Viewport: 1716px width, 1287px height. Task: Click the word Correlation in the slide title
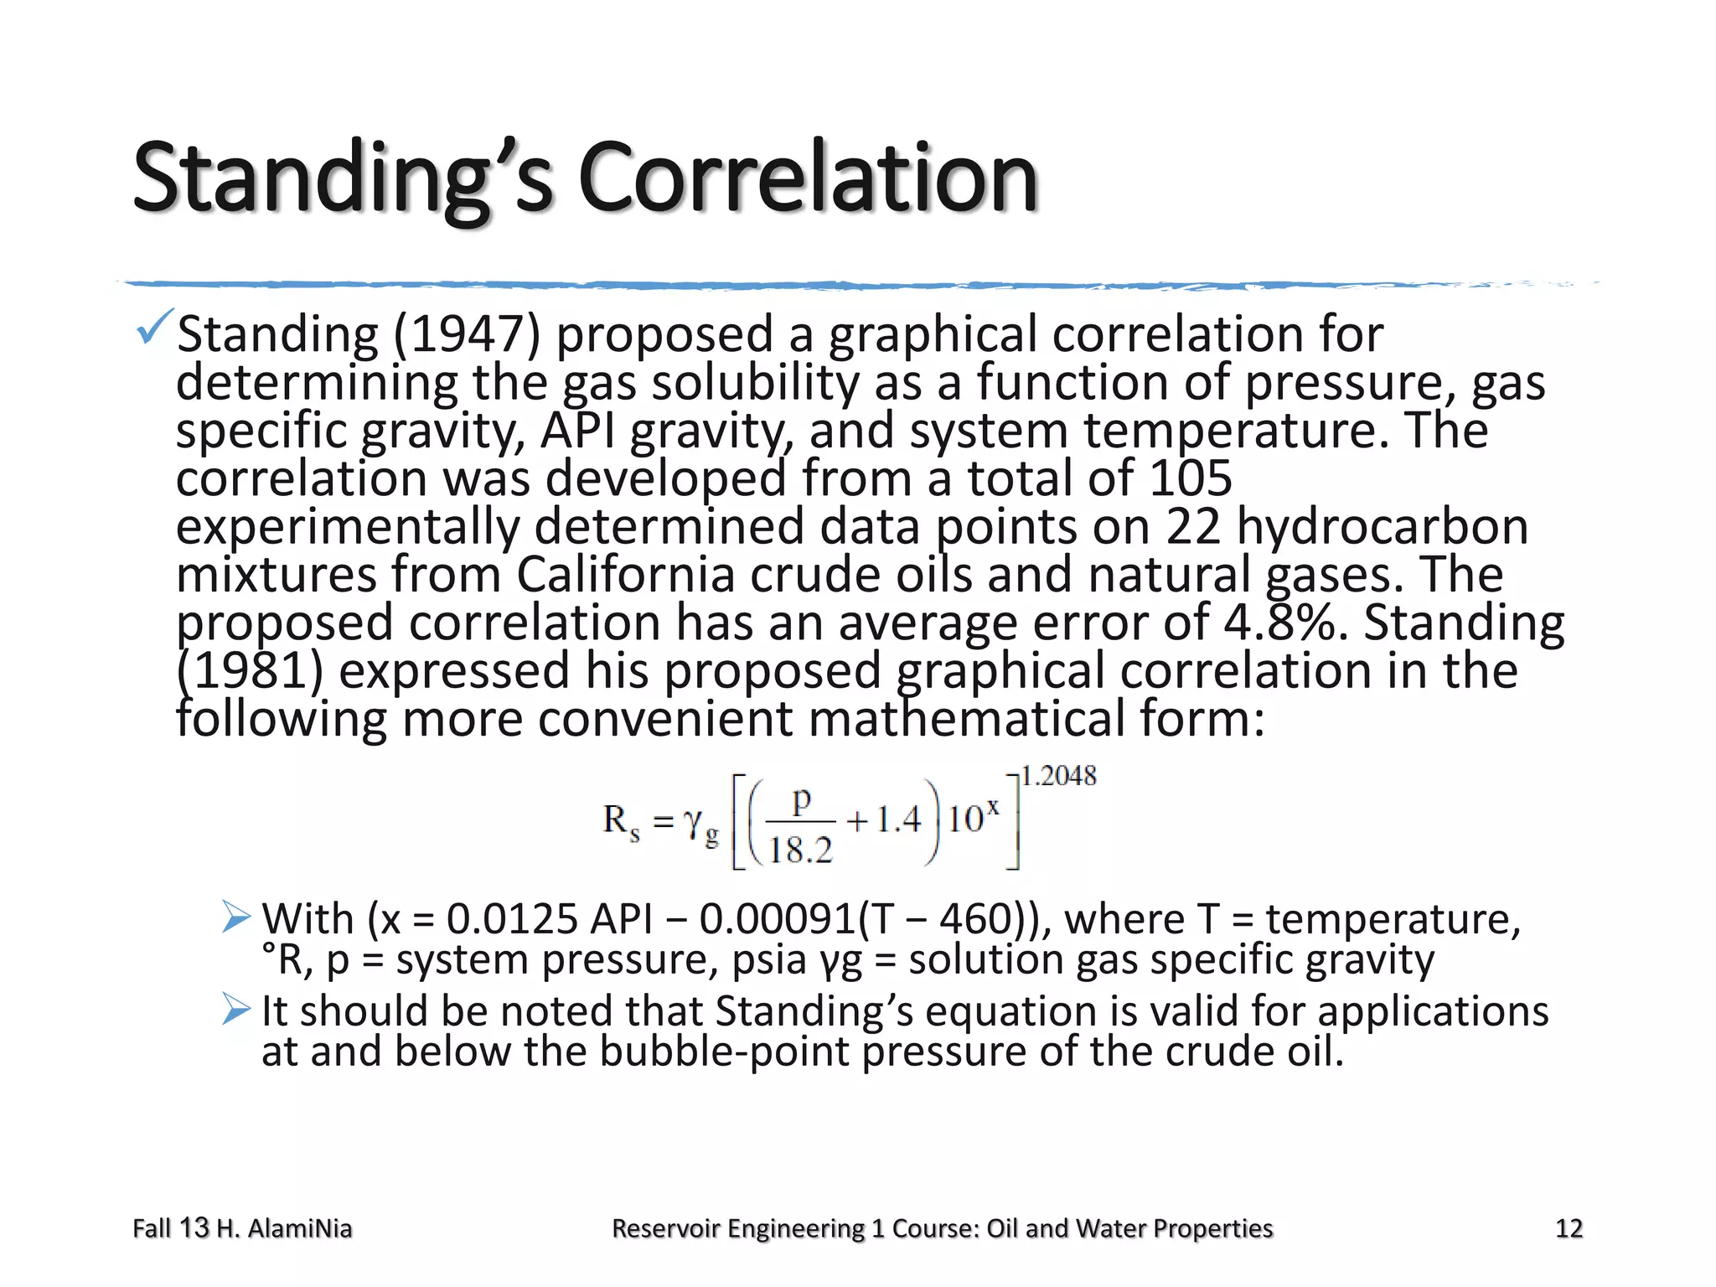(808, 178)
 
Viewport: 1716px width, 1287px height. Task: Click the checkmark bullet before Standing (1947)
(155, 326)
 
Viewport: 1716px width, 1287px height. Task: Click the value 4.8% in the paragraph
(1284, 623)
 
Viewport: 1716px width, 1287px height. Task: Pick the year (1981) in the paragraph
(250, 672)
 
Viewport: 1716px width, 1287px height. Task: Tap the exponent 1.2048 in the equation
(1058, 776)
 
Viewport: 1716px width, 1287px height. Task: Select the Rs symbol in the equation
(621, 821)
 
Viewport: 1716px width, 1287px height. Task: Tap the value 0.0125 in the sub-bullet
(512, 919)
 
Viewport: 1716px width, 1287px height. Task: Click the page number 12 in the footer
(1569, 1228)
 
